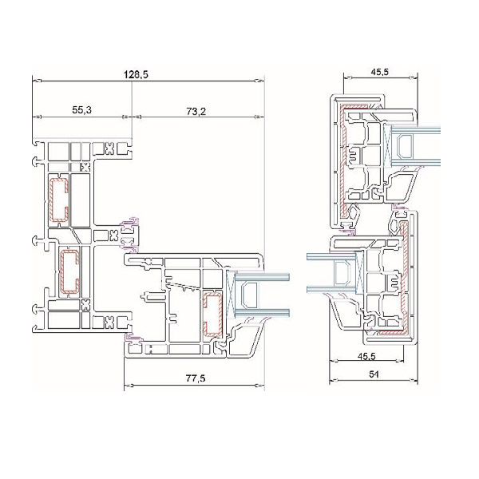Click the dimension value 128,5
coord(136,74)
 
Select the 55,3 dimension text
coord(82,110)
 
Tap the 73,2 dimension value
coord(196,112)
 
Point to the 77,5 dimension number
coord(196,378)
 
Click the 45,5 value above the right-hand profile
coord(379,72)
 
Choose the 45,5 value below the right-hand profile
coord(366,356)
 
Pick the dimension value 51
coord(374,374)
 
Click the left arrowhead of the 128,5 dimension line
coord(37,81)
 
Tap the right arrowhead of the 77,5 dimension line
coord(260,385)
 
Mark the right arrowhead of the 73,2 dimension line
coord(259,117)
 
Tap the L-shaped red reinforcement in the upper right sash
coord(342,159)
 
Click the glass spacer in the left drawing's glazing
coord(249,295)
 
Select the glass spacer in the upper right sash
coord(403,147)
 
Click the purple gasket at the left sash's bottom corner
coord(133,338)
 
